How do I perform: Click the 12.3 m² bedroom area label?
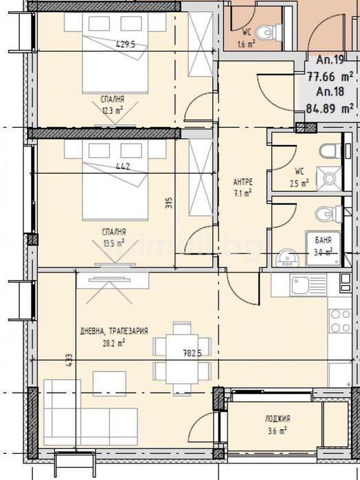113,107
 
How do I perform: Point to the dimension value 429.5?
125,45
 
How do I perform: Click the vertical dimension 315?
168,203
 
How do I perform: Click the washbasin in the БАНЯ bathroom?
284,258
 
